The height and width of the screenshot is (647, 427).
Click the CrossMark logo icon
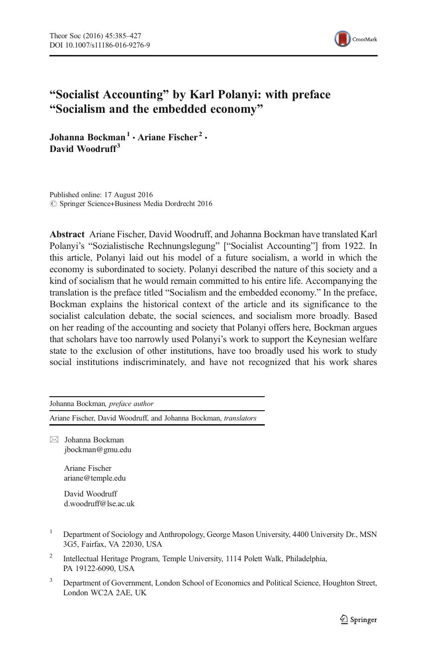(343, 39)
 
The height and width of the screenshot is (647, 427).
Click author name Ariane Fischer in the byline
(167, 138)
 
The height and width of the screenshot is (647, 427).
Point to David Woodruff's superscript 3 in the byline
(118, 146)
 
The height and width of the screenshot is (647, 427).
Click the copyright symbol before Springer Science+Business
(53, 204)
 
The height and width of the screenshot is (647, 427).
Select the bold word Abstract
(67, 234)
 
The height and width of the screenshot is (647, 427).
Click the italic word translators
(240, 418)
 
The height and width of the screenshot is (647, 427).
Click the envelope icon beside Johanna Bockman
(55, 440)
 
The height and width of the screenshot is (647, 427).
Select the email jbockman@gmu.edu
(97, 450)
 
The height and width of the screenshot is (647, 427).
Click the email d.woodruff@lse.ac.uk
(99, 503)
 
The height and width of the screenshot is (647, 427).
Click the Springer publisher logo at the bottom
(358, 619)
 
